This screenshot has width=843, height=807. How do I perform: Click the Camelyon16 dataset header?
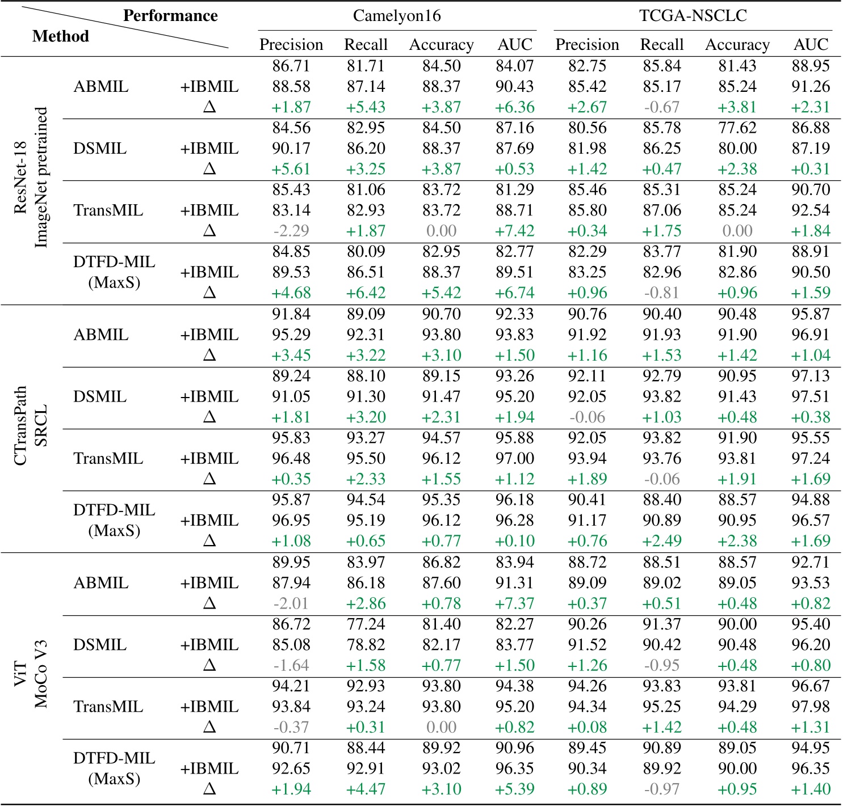396,15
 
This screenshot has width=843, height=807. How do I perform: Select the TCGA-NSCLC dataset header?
693,15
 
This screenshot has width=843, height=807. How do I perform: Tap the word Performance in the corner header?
170,15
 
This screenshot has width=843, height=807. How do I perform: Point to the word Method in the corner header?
61,36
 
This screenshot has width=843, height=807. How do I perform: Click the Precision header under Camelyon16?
291,44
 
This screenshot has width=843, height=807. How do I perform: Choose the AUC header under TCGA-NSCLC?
811,44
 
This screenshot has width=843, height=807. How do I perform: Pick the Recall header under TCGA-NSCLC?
661,44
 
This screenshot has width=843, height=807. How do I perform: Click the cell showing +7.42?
515,231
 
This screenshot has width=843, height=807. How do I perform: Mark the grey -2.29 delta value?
291,231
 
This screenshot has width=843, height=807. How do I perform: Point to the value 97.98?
811,707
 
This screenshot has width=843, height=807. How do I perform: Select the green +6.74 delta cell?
515,293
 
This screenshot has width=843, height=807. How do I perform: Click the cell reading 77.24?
366,624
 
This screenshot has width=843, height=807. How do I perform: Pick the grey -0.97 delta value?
661,789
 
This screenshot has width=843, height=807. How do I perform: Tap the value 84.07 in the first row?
515,66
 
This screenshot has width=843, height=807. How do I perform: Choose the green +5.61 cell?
291,169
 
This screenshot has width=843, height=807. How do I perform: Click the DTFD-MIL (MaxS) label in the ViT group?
114,768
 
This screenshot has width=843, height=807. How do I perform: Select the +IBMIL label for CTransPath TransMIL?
209,458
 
